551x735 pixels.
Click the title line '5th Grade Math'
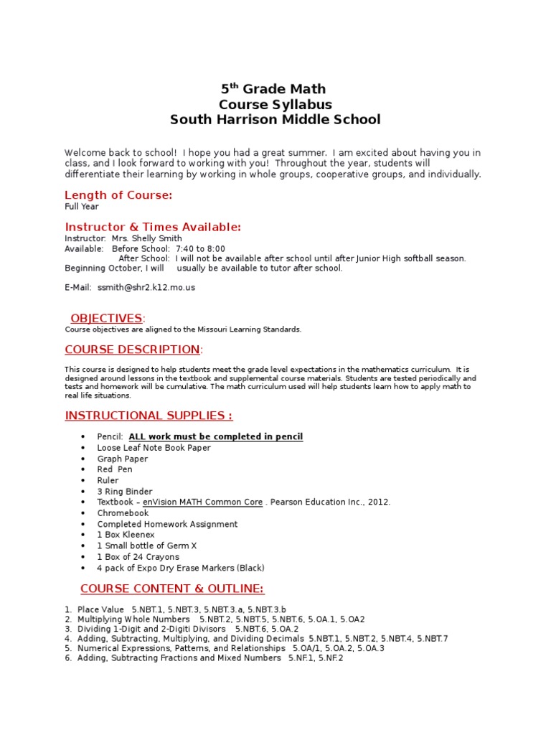[273, 89]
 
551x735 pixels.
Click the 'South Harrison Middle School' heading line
[275, 119]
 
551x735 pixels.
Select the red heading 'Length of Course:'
[118, 195]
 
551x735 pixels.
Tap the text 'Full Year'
[82, 207]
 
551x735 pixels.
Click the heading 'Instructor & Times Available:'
[153, 227]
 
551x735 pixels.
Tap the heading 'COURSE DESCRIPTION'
[133, 350]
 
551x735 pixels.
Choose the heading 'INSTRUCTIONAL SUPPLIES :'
[149, 416]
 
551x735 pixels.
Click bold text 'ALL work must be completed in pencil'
[215, 436]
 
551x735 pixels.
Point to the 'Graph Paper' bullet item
[122, 459]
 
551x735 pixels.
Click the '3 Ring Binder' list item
[125, 492]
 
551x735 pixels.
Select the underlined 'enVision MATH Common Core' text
[202, 502]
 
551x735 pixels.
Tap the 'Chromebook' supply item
[123, 513]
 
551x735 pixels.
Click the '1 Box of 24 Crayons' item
[138, 557]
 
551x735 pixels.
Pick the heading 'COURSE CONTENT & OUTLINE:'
[172, 589]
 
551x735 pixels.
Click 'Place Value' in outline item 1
[100, 609]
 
